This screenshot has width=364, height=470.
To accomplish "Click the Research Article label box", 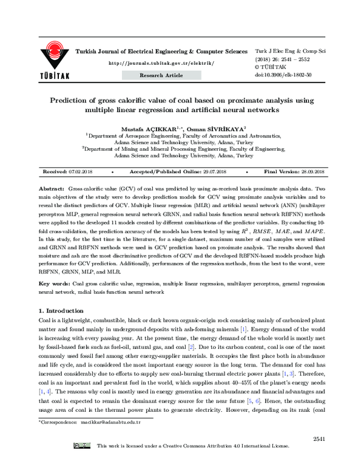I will click(x=161, y=75).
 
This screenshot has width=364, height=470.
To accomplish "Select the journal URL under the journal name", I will click(x=161, y=63).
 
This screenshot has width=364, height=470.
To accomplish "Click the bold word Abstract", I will click(x=52, y=190).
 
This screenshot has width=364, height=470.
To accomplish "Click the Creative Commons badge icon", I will click(x=82, y=463).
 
